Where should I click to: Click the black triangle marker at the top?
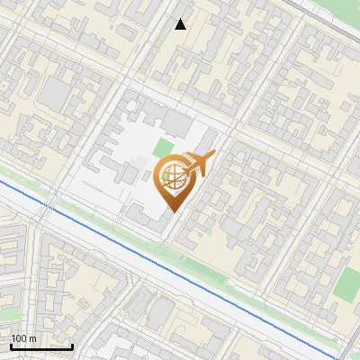[x=181, y=24]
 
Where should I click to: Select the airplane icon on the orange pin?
[x=197, y=165]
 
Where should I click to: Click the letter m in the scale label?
[x=33, y=338]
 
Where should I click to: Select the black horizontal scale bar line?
[x=41, y=346]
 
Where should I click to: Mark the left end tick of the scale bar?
[x=11, y=346]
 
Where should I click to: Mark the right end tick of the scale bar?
[x=72, y=346]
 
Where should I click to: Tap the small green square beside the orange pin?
[x=163, y=148]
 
